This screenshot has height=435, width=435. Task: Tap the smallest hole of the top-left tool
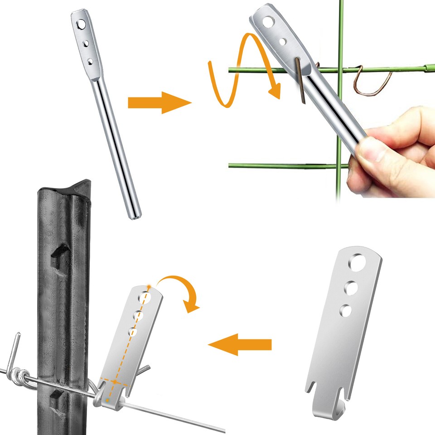coord(90,60)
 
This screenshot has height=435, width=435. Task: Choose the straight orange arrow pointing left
coord(240,345)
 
